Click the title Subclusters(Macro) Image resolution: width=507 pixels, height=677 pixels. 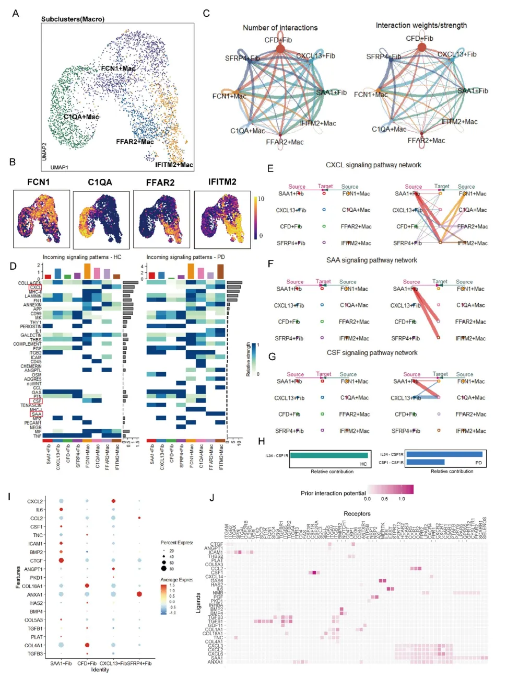click(73, 19)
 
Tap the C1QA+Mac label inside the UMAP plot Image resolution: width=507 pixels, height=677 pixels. click(81, 117)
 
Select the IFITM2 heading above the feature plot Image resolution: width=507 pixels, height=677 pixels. click(222, 182)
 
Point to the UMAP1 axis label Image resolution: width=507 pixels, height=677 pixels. click(59, 167)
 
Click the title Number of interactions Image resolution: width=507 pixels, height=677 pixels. click(280, 28)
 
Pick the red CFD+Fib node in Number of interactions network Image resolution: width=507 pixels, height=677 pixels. click(280, 49)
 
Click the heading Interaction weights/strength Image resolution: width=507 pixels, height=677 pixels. click(421, 25)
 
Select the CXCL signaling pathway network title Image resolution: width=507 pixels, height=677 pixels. click(373, 165)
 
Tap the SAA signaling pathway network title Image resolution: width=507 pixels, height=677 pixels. click(371, 260)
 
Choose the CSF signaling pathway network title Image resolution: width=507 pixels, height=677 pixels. click(372, 353)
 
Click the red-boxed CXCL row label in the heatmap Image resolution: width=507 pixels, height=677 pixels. click(36, 288)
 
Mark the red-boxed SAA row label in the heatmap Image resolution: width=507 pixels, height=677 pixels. click(36, 414)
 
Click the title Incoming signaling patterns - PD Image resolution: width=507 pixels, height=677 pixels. click(185, 257)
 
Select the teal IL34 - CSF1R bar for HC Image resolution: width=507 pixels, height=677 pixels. click(329, 455)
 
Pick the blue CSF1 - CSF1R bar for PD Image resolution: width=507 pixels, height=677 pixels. click(425, 462)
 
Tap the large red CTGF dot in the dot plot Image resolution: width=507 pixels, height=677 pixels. click(61, 560)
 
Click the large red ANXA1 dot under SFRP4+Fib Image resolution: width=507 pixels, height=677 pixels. click(139, 594)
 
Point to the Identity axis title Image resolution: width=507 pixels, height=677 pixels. click(100, 670)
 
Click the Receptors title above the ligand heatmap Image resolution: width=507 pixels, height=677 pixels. click(357, 514)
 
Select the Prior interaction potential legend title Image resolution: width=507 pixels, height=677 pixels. click(333, 494)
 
